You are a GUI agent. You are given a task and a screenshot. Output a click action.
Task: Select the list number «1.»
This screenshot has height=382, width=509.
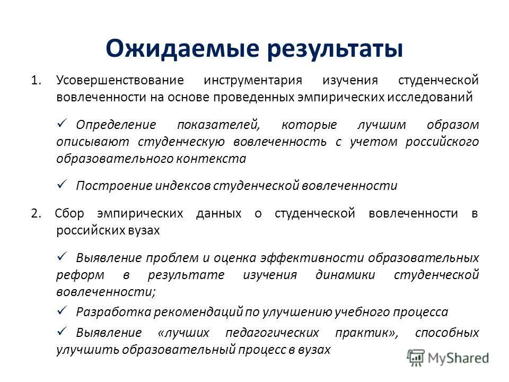pos(36,81)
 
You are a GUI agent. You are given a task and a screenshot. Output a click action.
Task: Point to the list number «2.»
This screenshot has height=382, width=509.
pos(36,213)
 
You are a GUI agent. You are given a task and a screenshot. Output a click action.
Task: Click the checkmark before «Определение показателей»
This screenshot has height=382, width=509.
pos(61,124)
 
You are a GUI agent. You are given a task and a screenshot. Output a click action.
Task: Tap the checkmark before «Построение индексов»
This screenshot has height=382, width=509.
pos(61,184)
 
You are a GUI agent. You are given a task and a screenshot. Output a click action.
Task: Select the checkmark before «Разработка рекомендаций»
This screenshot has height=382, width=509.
pos(61,310)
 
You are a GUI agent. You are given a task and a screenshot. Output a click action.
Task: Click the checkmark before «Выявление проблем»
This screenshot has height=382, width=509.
pos(61,256)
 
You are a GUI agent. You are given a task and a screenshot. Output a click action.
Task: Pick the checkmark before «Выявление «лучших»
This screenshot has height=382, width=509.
pos(61,331)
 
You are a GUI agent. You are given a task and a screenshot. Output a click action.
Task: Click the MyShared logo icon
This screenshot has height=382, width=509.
pos(416,357)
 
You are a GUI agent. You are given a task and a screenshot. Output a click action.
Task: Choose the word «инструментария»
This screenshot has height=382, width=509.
pos(252,81)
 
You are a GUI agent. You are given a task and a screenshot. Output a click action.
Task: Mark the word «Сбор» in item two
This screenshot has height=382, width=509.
pos(69,213)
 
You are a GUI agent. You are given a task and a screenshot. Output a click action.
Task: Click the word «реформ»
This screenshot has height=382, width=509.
pos(73,275)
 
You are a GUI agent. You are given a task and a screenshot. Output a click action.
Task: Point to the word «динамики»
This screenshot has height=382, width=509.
pos(345,275)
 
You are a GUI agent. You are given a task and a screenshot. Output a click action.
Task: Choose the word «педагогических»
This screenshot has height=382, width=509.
pos(272,333)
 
